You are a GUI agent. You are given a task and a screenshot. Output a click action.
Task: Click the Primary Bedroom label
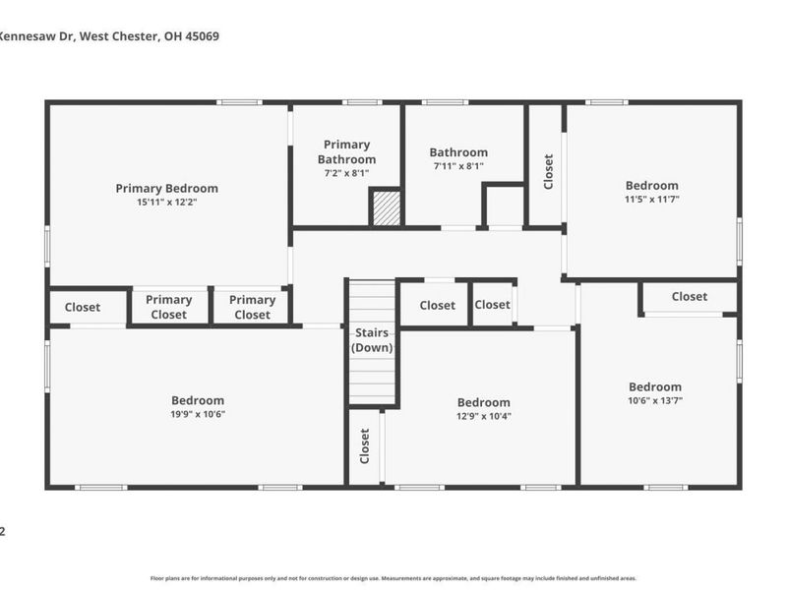pyautogui.click(x=166, y=188)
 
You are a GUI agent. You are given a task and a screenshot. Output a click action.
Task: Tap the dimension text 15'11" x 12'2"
pyautogui.click(x=166, y=203)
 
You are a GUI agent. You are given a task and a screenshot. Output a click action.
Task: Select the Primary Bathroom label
pyautogui.click(x=346, y=151)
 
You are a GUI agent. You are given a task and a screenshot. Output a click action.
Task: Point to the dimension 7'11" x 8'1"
pyautogui.click(x=458, y=167)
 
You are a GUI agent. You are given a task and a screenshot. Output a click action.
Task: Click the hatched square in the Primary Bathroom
pyautogui.click(x=386, y=208)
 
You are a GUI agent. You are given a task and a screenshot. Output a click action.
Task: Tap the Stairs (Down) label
pyautogui.click(x=373, y=340)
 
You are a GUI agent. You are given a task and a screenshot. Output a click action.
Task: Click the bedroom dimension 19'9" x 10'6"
pyautogui.click(x=198, y=414)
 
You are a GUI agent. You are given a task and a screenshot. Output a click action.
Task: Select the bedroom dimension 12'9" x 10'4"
pyautogui.click(x=483, y=416)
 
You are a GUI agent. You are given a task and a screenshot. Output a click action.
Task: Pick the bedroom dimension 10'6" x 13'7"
pyautogui.click(x=655, y=401)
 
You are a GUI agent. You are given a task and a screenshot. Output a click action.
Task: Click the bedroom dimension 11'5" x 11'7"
pyautogui.click(x=652, y=200)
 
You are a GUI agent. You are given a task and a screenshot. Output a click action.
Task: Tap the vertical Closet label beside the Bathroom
pyautogui.click(x=548, y=171)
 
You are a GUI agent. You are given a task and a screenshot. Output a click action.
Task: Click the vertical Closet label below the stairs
pyautogui.click(x=364, y=445)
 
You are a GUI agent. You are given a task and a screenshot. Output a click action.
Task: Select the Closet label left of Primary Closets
pyautogui.click(x=83, y=307)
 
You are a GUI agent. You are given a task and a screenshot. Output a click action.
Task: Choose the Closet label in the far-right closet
pyautogui.click(x=689, y=297)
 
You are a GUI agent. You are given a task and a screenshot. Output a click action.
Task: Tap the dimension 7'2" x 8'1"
pyautogui.click(x=346, y=173)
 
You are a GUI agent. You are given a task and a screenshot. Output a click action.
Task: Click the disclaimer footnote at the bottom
pyautogui.click(x=393, y=578)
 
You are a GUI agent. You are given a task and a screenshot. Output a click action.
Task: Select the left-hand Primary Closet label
pyautogui.click(x=168, y=307)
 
